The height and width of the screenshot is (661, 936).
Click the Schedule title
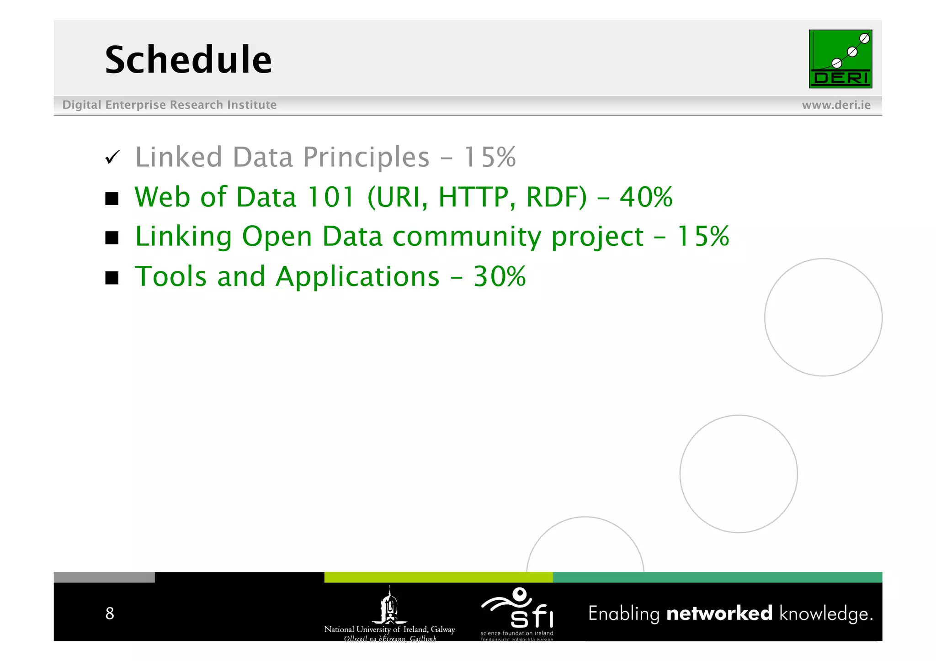click(x=188, y=60)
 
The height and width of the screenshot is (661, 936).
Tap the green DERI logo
click(x=840, y=59)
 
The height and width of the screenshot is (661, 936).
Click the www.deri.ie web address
click(x=836, y=105)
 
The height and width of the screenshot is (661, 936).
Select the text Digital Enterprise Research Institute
click(x=169, y=105)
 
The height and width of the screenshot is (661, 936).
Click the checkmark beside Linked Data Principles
click(x=112, y=157)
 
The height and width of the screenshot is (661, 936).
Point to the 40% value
click(x=646, y=197)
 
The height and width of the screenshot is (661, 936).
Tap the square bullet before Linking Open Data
click(x=112, y=238)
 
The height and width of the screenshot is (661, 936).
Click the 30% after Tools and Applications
click(x=500, y=277)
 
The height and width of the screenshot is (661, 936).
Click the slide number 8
click(x=110, y=613)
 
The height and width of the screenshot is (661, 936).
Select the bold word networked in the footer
click(x=719, y=613)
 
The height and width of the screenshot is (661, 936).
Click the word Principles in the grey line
click(x=366, y=158)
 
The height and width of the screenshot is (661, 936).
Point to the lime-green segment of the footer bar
click(x=438, y=577)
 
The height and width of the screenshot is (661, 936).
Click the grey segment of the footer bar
click(x=104, y=577)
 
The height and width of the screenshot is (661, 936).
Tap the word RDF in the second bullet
click(x=556, y=197)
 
